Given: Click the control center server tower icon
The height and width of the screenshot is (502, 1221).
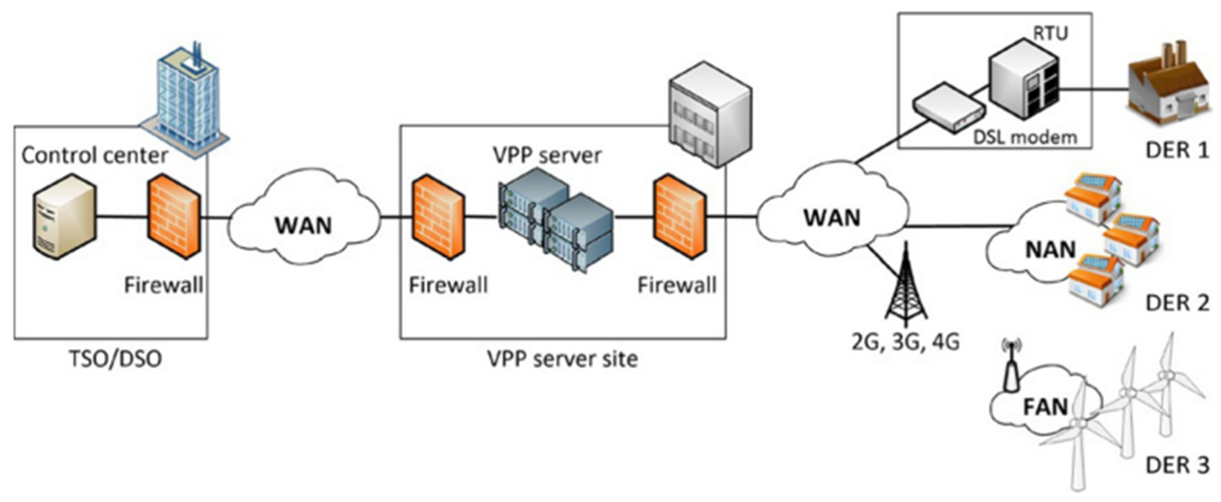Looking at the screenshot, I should (65, 216).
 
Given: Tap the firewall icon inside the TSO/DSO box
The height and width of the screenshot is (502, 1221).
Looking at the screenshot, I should (175, 216).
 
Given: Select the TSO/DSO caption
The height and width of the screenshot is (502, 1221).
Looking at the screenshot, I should (115, 358).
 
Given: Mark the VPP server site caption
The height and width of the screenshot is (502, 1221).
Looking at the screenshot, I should (563, 358).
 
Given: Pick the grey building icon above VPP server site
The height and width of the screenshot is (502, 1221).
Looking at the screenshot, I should (710, 114).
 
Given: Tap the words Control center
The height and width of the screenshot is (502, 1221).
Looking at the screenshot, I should (95, 155).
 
